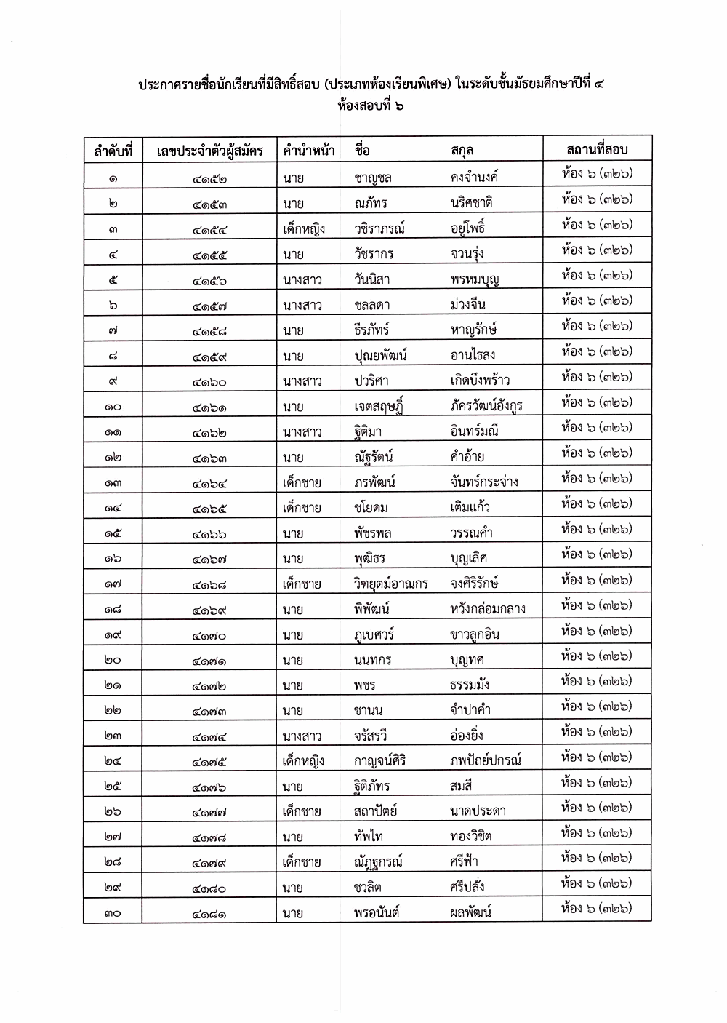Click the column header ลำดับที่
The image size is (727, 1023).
pyautogui.click(x=113, y=151)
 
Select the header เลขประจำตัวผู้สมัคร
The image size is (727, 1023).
pyautogui.click(x=210, y=151)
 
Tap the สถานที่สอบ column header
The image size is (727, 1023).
pyautogui.click(x=596, y=149)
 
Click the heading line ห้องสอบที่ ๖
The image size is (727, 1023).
pyautogui.click(x=371, y=106)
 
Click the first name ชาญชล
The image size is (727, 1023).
pyautogui.click(x=373, y=178)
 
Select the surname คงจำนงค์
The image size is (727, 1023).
pyautogui.click(x=474, y=177)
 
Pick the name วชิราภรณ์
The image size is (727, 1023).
pyautogui.click(x=379, y=228)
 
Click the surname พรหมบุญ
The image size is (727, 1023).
pyautogui.click(x=475, y=279)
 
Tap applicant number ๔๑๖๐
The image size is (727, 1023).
pyautogui.click(x=210, y=381)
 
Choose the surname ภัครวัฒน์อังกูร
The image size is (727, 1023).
pyautogui.click(x=486, y=406)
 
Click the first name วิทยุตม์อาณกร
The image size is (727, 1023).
pyautogui.click(x=391, y=584)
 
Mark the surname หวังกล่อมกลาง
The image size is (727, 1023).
pyautogui.click(x=487, y=609)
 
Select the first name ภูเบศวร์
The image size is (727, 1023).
pyautogui.click(x=374, y=634)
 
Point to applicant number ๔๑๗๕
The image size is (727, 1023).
pyautogui.click(x=210, y=761)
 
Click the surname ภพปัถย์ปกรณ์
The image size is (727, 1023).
pyautogui.click(x=486, y=761)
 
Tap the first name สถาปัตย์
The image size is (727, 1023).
pyautogui.click(x=375, y=811)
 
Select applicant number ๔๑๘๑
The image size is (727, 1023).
pyautogui.click(x=210, y=912)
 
